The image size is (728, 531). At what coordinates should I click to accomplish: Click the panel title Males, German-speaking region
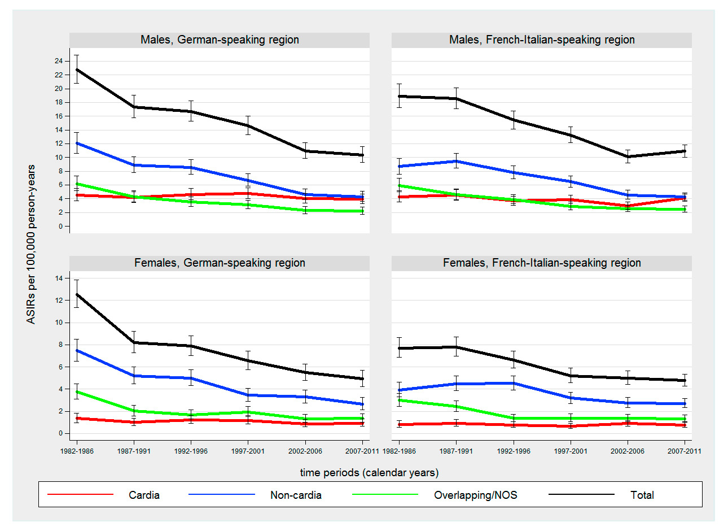pyautogui.click(x=220, y=40)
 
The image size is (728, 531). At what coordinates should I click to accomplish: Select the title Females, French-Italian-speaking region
pyautogui.click(x=542, y=263)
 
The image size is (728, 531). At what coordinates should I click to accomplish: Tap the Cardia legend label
pyautogui.click(x=144, y=495)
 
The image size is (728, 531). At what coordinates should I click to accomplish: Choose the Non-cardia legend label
pyautogui.click(x=296, y=495)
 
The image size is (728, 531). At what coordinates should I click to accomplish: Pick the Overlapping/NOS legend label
pyautogui.click(x=475, y=495)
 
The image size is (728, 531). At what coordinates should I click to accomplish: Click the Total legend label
pyautogui.click(x=642, y=495)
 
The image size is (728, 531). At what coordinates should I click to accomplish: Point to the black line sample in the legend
pyautogui.click(x=581, y=495)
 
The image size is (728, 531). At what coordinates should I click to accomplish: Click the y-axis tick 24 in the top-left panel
pyautogui.click(x=59, y=61)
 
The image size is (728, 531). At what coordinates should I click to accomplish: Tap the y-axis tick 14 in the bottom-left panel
pyautogui.click(x=59, y=278)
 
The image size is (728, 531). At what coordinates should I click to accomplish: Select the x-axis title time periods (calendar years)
pyautogui.click(x=369, y=473)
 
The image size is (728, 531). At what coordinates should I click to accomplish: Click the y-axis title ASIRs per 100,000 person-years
pyautogui.click(x=31, y=244)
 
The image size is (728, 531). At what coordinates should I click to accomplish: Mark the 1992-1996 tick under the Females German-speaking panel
pyautogui.click(x=191, y=451)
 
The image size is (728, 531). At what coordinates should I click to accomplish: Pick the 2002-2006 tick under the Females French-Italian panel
pyautogui.click(x=628, y=451)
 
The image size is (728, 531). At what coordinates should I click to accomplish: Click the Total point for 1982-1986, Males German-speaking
pyautogui.click(x=77, y=69)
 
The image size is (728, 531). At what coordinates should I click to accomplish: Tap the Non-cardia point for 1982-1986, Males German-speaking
pyautogui.click(x=77, y=143)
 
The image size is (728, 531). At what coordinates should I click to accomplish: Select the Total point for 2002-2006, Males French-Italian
pyautogui.click(x=628, y=156)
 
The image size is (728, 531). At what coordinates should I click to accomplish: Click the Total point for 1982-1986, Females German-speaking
pyautogui.click(x=77, y=294)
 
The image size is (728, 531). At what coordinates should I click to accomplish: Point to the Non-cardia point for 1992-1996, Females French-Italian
pyautogui.click(x=514, y=384)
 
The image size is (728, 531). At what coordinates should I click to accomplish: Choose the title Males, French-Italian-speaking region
pyautogui.click(x=542, y=40)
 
